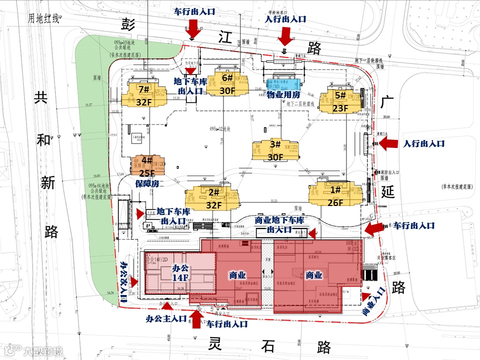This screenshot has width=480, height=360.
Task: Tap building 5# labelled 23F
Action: [340, 100]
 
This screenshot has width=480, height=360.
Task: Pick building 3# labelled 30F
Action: [275, 150]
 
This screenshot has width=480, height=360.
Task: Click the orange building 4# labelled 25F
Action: [147, 167]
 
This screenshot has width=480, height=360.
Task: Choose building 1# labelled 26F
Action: [335, 195]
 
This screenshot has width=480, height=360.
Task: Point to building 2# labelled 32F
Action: [213, 198]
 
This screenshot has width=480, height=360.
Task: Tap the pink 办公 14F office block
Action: [180, 272]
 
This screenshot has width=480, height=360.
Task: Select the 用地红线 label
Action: [43, 19]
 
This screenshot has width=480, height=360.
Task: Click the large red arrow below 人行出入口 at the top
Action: [285, 36]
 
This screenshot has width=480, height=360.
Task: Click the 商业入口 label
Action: [373, 302]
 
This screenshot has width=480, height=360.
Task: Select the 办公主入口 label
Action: [166, 318]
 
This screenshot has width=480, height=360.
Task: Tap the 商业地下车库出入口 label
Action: [279, 225]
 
